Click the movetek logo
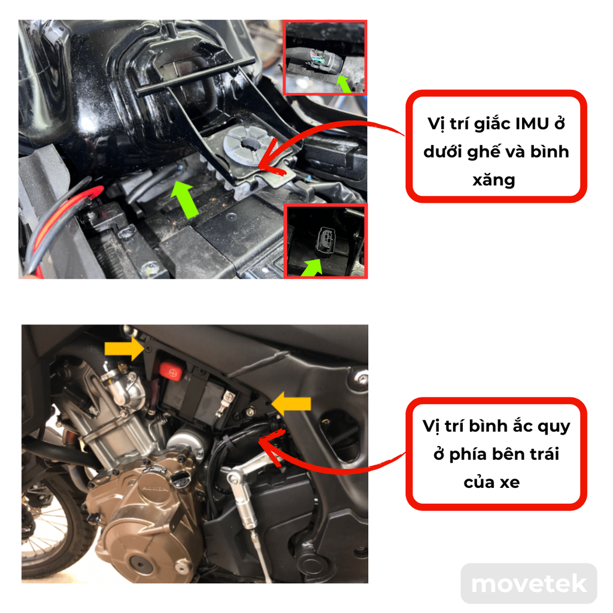pyautogui.click(x=529, y=584)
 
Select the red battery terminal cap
pyautogui.click(x=171, y=372)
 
